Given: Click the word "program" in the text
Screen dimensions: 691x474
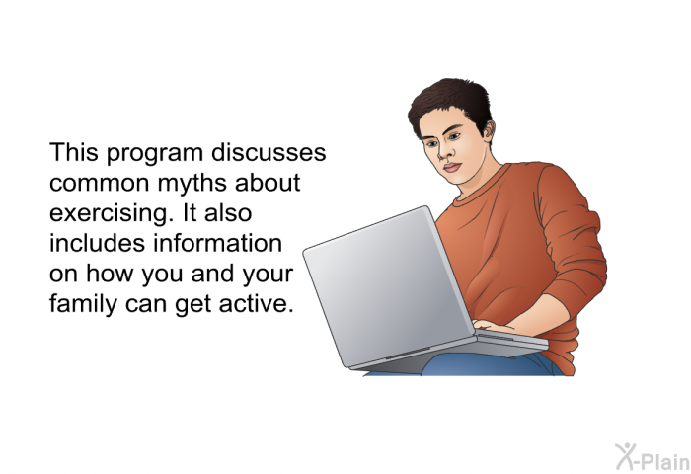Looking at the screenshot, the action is tap(154, 154).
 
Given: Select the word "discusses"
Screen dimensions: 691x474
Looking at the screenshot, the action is tap(269, 152).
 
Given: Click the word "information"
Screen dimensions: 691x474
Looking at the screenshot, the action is tap(218, 243).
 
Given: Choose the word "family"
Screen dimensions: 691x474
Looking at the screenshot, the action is tap(83, 304).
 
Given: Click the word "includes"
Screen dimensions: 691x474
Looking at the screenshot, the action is tap(98, 243).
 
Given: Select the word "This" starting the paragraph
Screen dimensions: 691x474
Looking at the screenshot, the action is tap(74, 152).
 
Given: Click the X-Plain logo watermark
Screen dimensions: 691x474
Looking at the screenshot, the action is tap(653, 457).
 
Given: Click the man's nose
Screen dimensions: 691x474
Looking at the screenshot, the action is tap(444, 151).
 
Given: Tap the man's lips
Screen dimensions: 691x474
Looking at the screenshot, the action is tap(452, 168).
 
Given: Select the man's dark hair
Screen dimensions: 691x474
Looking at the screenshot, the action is tap(449, 103).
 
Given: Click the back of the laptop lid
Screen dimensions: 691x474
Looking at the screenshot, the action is tap(388, 286).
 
